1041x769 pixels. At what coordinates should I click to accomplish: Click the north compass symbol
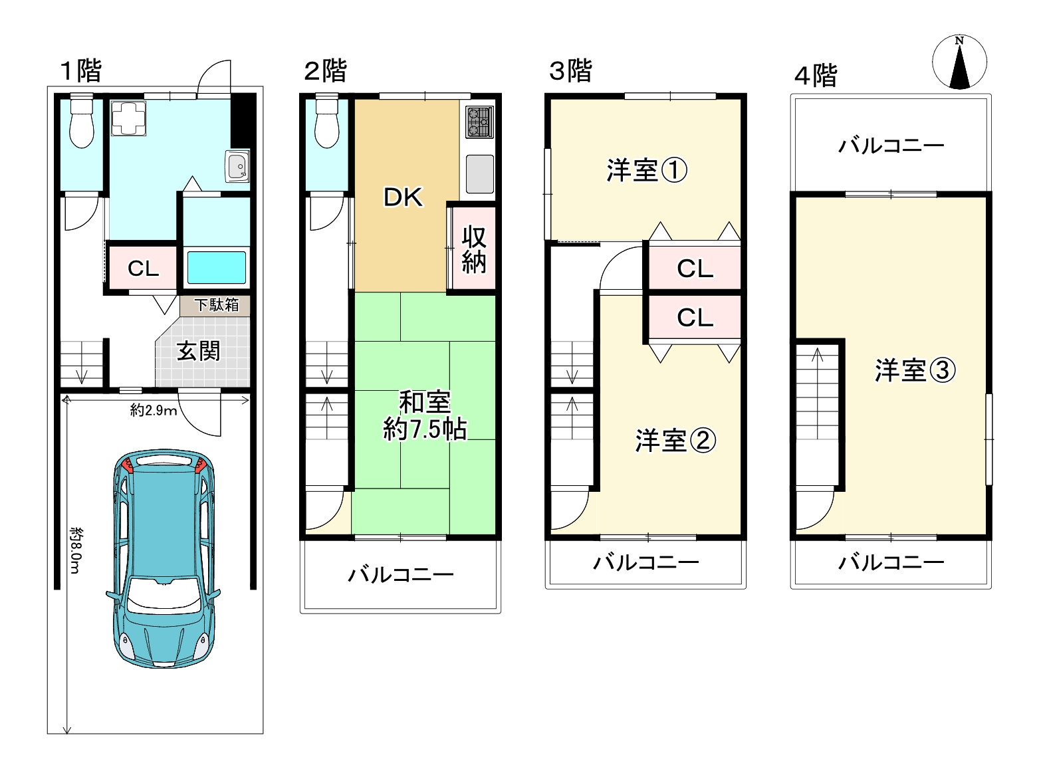click(959, 62)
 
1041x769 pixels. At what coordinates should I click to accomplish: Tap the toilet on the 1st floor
click(81, 122)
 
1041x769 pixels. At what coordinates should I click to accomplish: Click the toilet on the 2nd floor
click(326, 122)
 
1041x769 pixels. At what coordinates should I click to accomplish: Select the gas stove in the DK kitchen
click(478, 122)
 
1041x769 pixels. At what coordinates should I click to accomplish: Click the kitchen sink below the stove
click(479, 173)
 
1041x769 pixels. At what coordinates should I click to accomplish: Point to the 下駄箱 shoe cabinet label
click(216, 305)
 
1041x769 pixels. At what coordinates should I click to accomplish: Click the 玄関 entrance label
click(198, 351)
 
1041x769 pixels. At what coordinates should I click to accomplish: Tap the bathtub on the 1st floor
click(217, 267)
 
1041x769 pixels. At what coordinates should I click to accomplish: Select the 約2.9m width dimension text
click(154, 410)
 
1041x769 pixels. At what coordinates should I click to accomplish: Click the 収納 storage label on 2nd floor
click(474, 249)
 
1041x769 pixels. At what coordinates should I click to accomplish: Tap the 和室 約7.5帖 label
click(424, 416)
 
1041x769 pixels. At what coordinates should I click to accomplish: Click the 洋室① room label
click(646, 171)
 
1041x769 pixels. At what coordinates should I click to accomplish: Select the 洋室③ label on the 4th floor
click(915, 370)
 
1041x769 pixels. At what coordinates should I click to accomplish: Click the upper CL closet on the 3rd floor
click(695, 269)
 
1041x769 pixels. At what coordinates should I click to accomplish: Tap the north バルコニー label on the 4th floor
click(891, 145)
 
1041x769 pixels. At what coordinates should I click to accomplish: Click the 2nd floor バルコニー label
click(401, 574)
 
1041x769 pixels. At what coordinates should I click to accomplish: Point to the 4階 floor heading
click(816, 75)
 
